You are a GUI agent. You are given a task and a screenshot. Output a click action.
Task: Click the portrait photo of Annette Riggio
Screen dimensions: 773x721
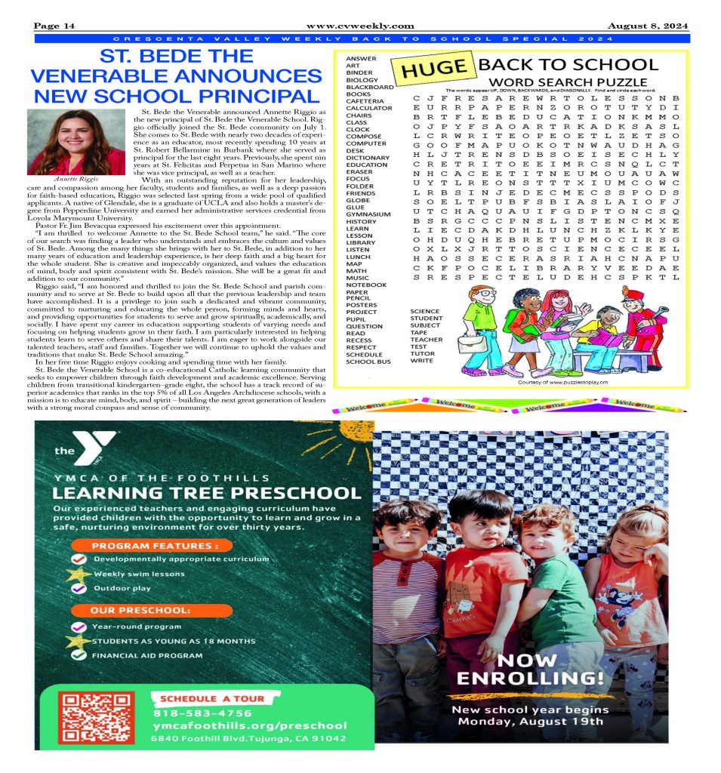76,141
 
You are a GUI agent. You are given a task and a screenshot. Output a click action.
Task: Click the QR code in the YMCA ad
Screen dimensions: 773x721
96,717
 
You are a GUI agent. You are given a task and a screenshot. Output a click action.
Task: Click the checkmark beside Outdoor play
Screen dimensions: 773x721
79,588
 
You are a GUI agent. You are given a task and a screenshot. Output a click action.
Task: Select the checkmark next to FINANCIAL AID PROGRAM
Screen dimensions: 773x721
79,655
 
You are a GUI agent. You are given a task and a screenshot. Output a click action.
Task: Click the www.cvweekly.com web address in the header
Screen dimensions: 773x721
360,26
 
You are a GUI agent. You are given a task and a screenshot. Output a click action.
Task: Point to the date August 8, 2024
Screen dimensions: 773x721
649,26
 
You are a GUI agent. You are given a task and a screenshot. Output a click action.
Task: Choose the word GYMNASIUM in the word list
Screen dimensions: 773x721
368,214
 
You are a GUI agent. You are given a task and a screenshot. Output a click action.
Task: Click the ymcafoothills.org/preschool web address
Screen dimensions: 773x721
249,725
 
